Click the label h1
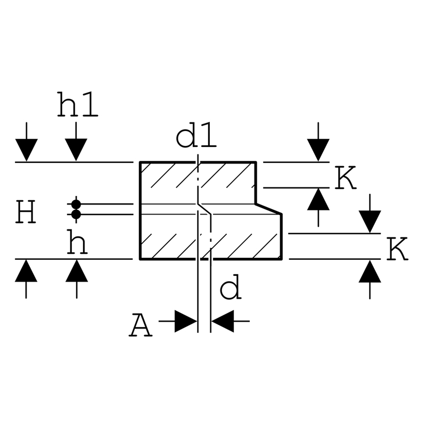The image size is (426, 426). coord(77,104)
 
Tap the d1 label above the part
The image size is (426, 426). coord(196,138)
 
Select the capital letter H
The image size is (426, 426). coord(26,211)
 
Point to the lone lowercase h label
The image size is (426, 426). coord(77,242)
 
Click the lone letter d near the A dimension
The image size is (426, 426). coord(231,287)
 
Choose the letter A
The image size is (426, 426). coord(141,325)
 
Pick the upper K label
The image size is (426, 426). coord(345,178)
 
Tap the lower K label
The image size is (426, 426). coord(397,249)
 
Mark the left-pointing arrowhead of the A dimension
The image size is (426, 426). coord(223,321)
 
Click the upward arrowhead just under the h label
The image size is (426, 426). coord(77,271)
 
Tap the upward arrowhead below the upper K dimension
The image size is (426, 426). coord(318,199)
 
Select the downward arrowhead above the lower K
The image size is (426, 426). coord(370,222)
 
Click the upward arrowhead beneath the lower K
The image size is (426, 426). coord(370,272)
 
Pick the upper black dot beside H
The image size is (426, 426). coord(76,204)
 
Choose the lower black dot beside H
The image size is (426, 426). coord(76,215)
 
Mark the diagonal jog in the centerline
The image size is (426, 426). coord(204,209)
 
